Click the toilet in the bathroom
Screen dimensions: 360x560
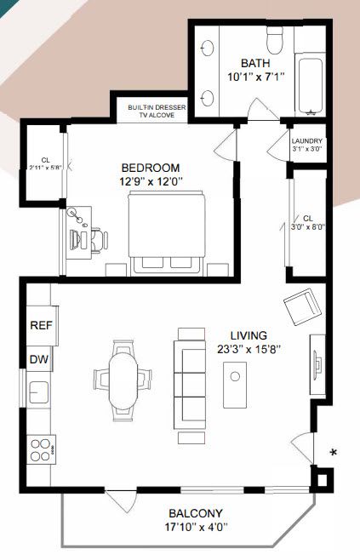pos(275,40)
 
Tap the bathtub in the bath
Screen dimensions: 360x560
pos(311,86)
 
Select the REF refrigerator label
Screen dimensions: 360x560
pos(42,325)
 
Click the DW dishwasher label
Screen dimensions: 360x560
pos(39,359)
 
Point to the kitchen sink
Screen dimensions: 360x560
pos(38,391)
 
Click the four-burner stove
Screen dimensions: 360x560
pos(42,450)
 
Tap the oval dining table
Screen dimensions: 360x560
pos(123,380)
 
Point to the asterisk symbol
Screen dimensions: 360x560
pos(334,453)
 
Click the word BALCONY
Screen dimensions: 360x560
pos(196,513)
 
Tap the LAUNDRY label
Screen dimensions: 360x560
pos(306,141)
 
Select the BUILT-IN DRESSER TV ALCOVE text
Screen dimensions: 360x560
pos(157,111)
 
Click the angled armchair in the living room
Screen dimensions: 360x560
pos(302,306)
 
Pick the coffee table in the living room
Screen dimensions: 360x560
pos(235,385)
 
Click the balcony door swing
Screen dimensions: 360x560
pos(122,501)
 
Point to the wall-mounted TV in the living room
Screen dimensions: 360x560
pos(317,364)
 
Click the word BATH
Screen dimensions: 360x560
pos(255,63)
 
